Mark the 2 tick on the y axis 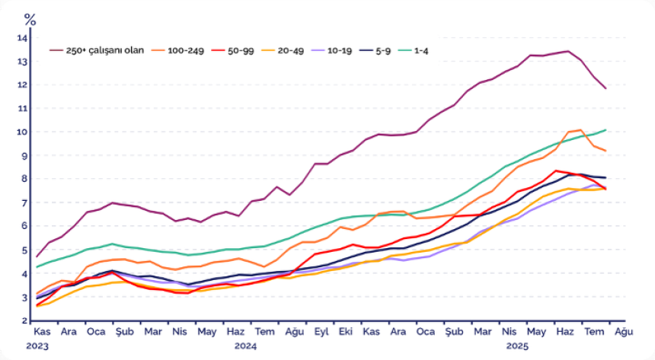(x=24, y=320)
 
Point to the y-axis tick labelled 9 (x=24, y=156)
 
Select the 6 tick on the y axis (x=24, y=226)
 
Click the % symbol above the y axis (x=30, y=18)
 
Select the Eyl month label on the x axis (x=321, y=333)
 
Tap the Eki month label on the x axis (x=345, y=333)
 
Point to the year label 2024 (x=245, y=346)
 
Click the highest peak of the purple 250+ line (x=567, y=51)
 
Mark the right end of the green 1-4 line (x=606, y=130)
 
